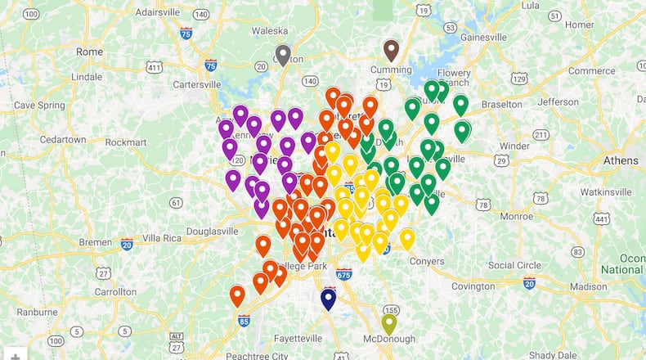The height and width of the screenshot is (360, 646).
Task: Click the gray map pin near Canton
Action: [x=283, y=55]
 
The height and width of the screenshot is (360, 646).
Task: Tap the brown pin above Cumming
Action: [x=391, y=50]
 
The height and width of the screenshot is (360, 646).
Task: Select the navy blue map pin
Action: [x=329, y=299]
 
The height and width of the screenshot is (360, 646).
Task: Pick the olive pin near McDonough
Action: [x=389, y=323]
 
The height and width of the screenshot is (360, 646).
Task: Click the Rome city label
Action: [x=89, y=51]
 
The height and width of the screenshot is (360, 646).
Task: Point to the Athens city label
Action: [x=621, y=160]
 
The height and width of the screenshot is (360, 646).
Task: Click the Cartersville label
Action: [x=196, y=83]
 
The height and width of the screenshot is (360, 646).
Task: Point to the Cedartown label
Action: [x=63, y=139]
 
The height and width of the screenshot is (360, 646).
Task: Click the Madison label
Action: [x=589, y=286]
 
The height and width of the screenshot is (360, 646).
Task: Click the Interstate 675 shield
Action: [x=344, y=274]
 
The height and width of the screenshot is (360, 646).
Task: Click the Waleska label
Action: [x=270, y=30]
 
